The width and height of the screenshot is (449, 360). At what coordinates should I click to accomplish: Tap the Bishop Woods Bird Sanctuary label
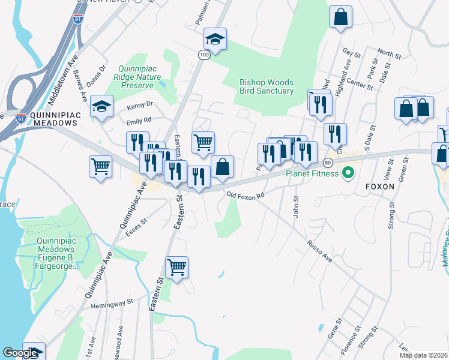click(x=266, y=86)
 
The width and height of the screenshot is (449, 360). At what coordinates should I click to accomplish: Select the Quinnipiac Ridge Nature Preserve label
click(x=140, y=77)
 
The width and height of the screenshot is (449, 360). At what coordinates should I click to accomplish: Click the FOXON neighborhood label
click(x=380, y=187)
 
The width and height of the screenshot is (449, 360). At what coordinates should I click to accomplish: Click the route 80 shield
click(x=328, y=163)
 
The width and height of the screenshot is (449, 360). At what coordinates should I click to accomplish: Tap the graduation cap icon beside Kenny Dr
click(x=102, y=107)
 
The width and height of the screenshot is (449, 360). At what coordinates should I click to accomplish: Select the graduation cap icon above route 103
click(x=215, y=39)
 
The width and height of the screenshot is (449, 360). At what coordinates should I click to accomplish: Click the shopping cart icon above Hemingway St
click(x=176, y=267)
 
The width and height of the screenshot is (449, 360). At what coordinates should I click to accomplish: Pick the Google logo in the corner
click(x=20, y=353)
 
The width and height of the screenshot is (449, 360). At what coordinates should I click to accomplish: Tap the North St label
click(x=389, y=55)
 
